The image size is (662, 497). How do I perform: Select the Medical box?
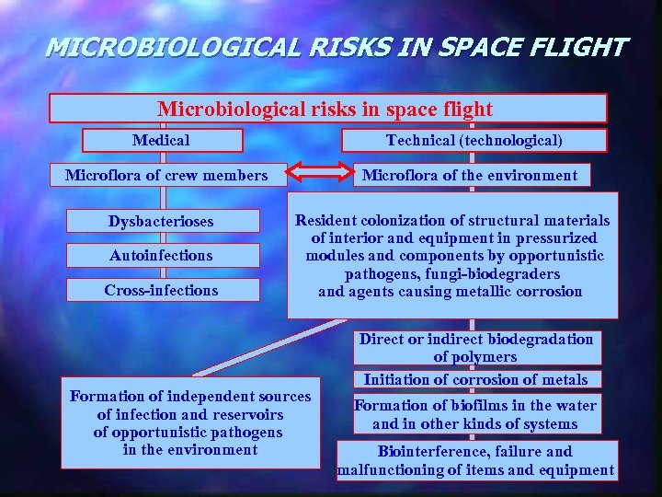pyautogui.click(x=163, y=140)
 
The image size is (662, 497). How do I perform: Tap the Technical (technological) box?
pyautogui.click(x=474, y=140)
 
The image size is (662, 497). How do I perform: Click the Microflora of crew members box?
pyautogui.click(x=166, y=175)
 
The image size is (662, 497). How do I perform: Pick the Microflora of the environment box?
pyautogui.click(x=471, y=175)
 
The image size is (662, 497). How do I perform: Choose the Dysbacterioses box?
pyautogui.click(x=161, y=222)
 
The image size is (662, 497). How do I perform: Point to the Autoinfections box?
pyautogui.click(x=161, y=256)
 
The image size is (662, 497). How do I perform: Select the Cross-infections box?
pyautogui.click(x=161, y=290)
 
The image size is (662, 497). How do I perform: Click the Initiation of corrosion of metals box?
pyautogui.click(x=475, y=379)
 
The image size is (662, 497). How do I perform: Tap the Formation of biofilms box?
pyautogui.click(x=475, y=414)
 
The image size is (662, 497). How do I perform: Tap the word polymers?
pyautogui.click(x=475, y=356)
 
